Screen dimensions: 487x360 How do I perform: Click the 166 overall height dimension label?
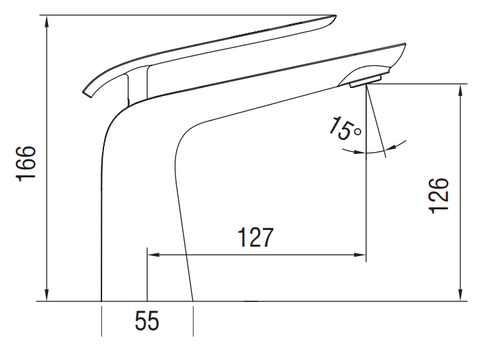point(26,163)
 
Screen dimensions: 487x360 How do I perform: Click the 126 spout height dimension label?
point(438,195)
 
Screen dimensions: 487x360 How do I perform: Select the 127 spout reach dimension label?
point(256,237)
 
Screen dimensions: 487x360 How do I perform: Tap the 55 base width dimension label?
point(147,321)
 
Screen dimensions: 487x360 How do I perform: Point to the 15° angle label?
point(346,129)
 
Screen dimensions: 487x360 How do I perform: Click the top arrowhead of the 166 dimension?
point(47,21)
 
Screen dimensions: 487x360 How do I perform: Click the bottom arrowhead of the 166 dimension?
point(47,295)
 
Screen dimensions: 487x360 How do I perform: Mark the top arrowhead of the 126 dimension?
point(460,90)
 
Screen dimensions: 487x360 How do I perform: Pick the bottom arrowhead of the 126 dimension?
point(460,295)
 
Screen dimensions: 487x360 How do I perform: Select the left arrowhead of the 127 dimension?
point(153,255)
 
